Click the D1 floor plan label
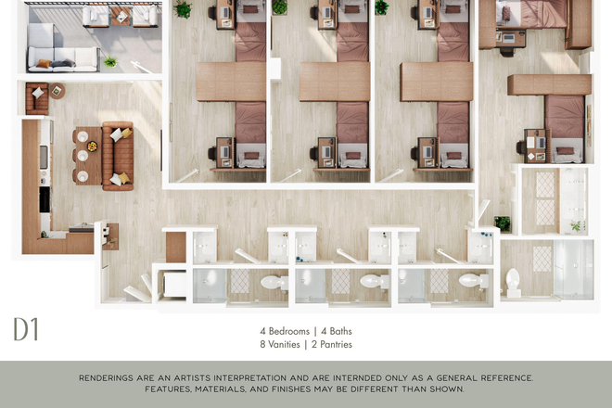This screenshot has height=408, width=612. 26,329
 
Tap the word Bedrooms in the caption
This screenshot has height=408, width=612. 288,331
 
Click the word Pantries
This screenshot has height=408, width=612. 336,344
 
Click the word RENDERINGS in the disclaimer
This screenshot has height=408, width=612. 107,378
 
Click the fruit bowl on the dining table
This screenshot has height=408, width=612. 92,147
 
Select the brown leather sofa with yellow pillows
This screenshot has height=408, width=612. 118,156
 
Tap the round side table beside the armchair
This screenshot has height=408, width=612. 57,91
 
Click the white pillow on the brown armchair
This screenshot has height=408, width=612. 38,93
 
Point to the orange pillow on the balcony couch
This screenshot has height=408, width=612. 44,64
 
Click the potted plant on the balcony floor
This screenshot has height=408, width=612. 111,61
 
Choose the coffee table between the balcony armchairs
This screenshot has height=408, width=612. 121,16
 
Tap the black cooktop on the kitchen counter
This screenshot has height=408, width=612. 45,199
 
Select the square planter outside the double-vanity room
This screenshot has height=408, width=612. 503,224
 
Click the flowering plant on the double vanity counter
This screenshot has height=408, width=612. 577,225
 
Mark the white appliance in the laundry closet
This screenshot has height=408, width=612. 174,285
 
